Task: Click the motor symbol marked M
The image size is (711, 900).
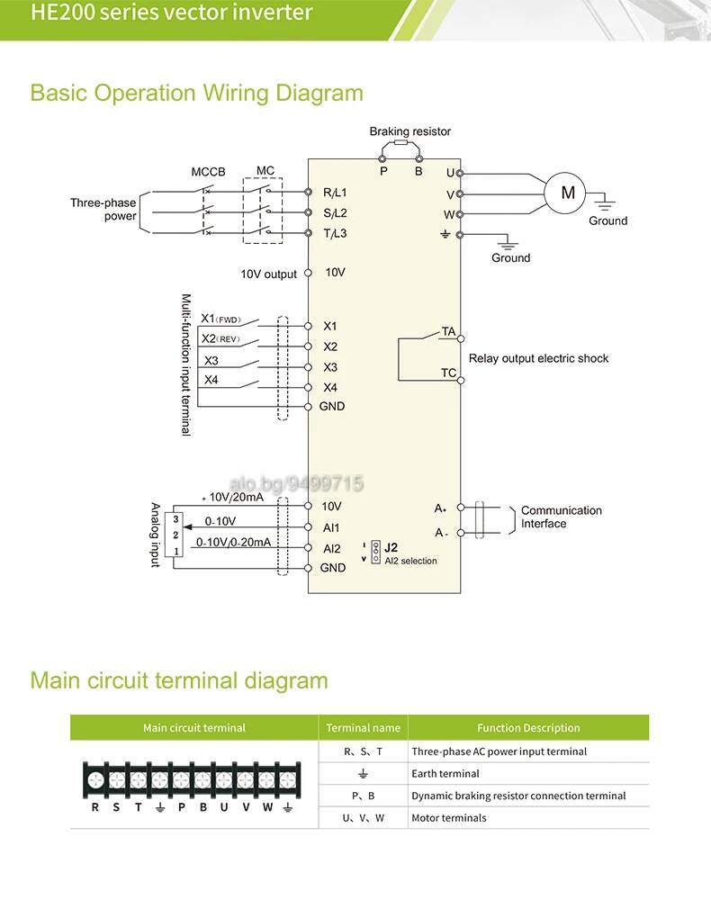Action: click(565, 193)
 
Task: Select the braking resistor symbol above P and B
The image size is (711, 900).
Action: click(400, 142)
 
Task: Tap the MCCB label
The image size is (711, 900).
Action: click(208, 172)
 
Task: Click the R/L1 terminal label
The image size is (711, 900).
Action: click(335, 193)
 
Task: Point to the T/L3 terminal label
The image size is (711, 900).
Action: click(335, 234)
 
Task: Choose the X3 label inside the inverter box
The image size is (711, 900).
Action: click(330, 367)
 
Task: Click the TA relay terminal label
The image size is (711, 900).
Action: click(448, 331)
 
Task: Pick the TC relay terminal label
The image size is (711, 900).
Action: click(448, 373)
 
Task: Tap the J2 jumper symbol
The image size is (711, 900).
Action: click(376, 552)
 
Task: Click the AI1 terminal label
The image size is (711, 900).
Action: click(331, 527)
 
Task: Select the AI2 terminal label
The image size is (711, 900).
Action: click(332, 549)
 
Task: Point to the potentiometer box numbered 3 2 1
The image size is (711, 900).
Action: click(174, 535)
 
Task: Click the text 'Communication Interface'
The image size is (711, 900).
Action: click(562, 517)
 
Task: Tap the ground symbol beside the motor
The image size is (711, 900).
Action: click(604, 202)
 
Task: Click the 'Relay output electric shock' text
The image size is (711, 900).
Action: click(538, 358)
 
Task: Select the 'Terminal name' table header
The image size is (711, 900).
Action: click(364, 728)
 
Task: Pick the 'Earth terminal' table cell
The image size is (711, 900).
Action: click(445, 774)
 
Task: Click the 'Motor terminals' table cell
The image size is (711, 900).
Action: click(449, 818)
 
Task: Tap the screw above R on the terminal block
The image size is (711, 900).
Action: click(95, 780)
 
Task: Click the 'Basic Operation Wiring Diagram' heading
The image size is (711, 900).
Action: click(197, 93)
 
